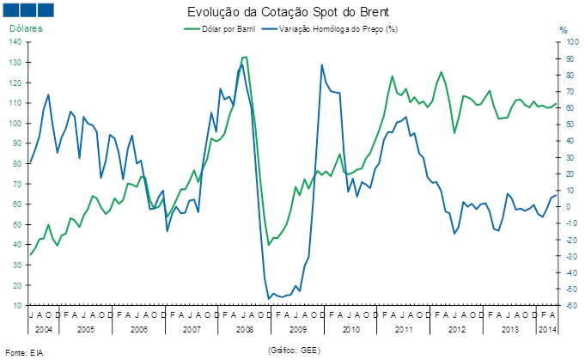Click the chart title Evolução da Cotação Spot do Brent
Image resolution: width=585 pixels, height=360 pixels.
293,14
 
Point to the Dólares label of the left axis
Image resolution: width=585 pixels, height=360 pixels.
26,30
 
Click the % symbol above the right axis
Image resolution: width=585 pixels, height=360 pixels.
564,30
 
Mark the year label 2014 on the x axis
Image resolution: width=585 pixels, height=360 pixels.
545,330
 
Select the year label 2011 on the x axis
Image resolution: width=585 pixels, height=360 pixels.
404,330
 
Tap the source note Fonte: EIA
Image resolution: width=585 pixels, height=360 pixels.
24,353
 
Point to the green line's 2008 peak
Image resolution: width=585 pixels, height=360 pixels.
245,57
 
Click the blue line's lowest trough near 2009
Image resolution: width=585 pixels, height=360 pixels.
268,298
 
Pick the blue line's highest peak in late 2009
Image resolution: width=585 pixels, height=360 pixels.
322,64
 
